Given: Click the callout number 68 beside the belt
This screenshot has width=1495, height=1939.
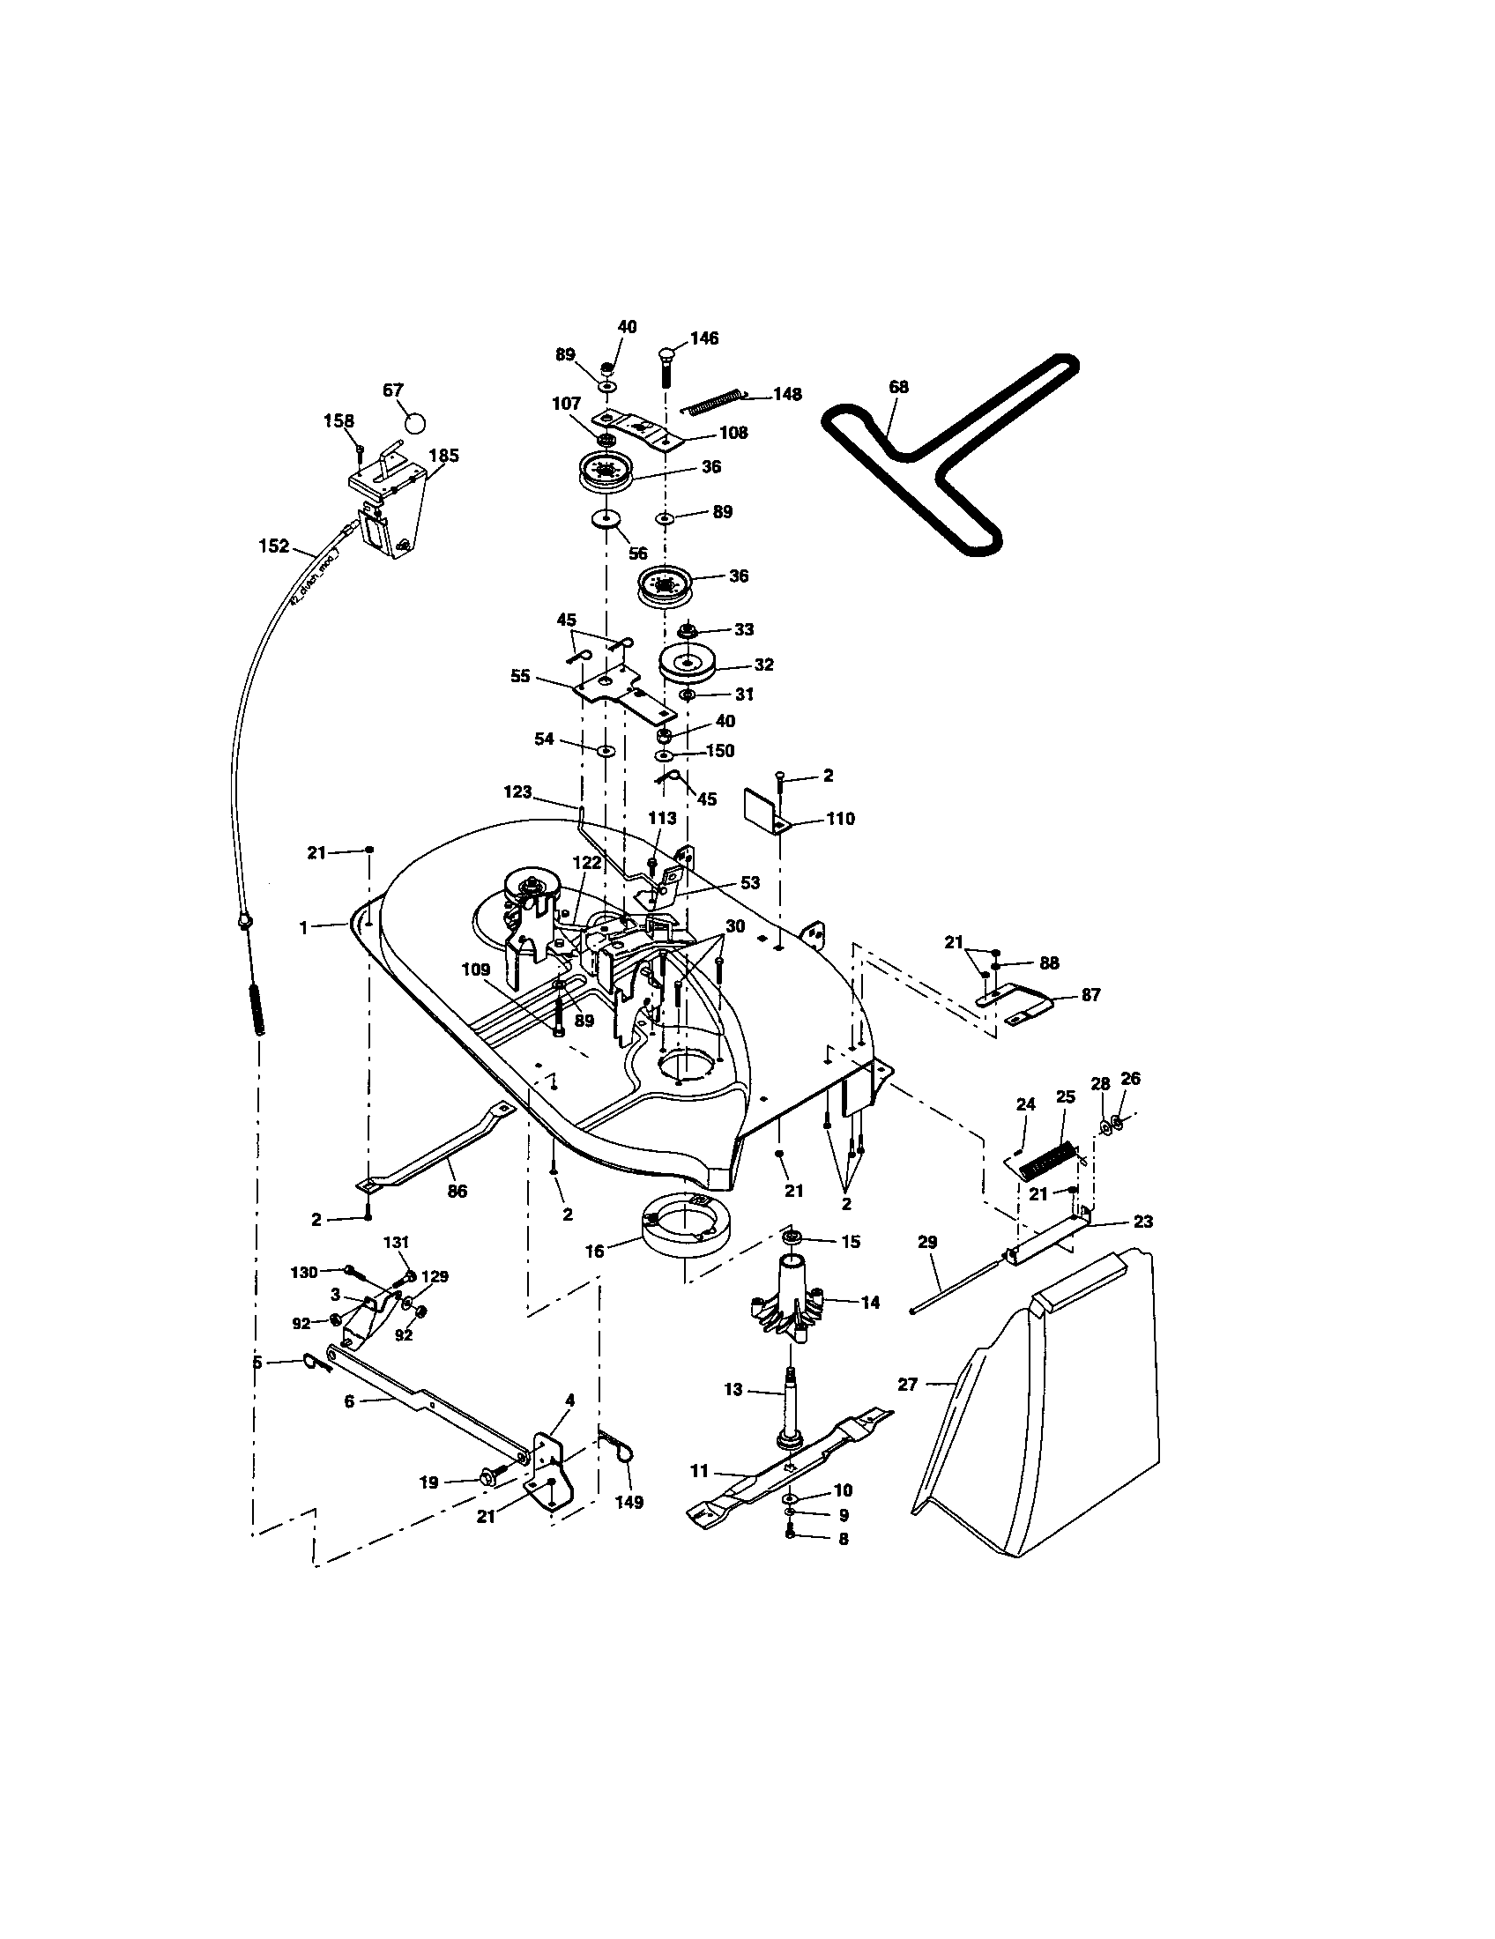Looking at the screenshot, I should [x=898, y=387].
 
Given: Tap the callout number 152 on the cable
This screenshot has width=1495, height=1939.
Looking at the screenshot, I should [x=274, y=546].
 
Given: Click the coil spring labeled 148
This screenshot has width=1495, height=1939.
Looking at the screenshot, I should [x=715, y=402].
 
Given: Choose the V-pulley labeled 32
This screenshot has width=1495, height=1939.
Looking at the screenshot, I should [x=692, y=665].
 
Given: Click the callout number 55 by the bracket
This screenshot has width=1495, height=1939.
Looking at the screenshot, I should [x=520, y=676].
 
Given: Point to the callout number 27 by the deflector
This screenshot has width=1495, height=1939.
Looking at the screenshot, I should [x=907, y=1383].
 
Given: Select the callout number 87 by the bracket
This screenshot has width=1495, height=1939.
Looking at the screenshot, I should [x=1090, y=994].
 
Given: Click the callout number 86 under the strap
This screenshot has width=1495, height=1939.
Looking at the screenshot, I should [x=457, y=1192].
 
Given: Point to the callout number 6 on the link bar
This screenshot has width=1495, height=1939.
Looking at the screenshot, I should [x=349, y=1400].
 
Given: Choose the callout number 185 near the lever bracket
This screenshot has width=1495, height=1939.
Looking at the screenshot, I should [x=444, y=456].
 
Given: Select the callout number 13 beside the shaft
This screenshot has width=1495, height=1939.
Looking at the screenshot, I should [x=733, y=1389].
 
